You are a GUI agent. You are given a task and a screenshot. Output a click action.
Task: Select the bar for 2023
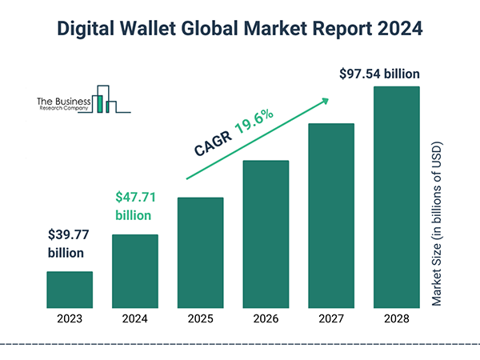[x=69, y=289]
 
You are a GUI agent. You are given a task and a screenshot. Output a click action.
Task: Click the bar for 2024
[x=134, y=270]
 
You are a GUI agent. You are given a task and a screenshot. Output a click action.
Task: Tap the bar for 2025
[x=200, y=252]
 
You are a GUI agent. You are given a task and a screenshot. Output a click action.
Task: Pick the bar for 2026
[x=266, y=234]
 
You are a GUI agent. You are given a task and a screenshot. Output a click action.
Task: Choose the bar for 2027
[x=331, y=215]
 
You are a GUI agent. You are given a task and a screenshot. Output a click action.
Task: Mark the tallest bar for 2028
[x=397, y=196]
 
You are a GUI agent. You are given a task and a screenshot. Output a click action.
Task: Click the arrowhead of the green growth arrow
[x=326, y=100]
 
